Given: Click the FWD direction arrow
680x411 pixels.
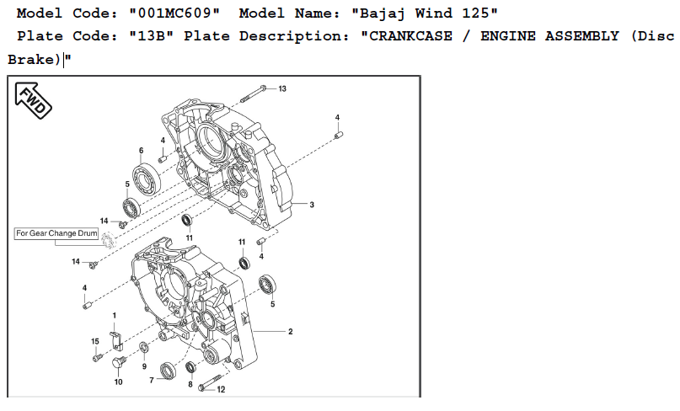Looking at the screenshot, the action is (33, 100).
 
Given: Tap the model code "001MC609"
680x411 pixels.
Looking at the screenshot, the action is (174, 13).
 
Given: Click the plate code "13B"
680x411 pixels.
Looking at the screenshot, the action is (152, 36).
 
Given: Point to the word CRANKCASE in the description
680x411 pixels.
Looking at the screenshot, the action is (410, 36).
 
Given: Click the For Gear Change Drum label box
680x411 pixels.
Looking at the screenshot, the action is (56, 233).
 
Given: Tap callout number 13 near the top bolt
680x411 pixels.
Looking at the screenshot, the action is (282, 89).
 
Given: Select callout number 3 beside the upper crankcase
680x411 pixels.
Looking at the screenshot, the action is (312, 205).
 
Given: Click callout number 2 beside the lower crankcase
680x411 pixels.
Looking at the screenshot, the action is (290, 332).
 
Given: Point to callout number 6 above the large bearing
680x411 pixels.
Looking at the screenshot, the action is (141, 151).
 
